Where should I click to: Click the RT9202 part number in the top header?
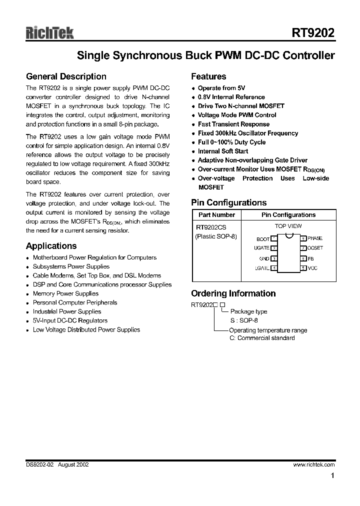coord(313,33)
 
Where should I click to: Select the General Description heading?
coord(66,76)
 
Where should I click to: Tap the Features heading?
coord(208,76)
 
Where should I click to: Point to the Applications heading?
coord(51,246)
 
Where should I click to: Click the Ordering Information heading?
coord(233,293)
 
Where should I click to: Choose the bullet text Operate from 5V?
coord(221,88)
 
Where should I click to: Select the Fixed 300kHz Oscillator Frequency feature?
coord(247,133)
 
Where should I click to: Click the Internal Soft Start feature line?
coord(222,151)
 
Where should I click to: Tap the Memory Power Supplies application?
coord(65,293)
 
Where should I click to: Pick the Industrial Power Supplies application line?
coord(66,311)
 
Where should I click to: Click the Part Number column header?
coord(216,215)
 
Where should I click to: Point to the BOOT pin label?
coord(262,239)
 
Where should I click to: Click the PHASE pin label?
coord(315,238)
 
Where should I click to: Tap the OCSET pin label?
coord(315,248)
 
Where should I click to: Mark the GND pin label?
coord(264,258)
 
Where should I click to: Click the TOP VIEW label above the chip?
coord(288,226)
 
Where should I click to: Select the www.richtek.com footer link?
coord(313,464)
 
